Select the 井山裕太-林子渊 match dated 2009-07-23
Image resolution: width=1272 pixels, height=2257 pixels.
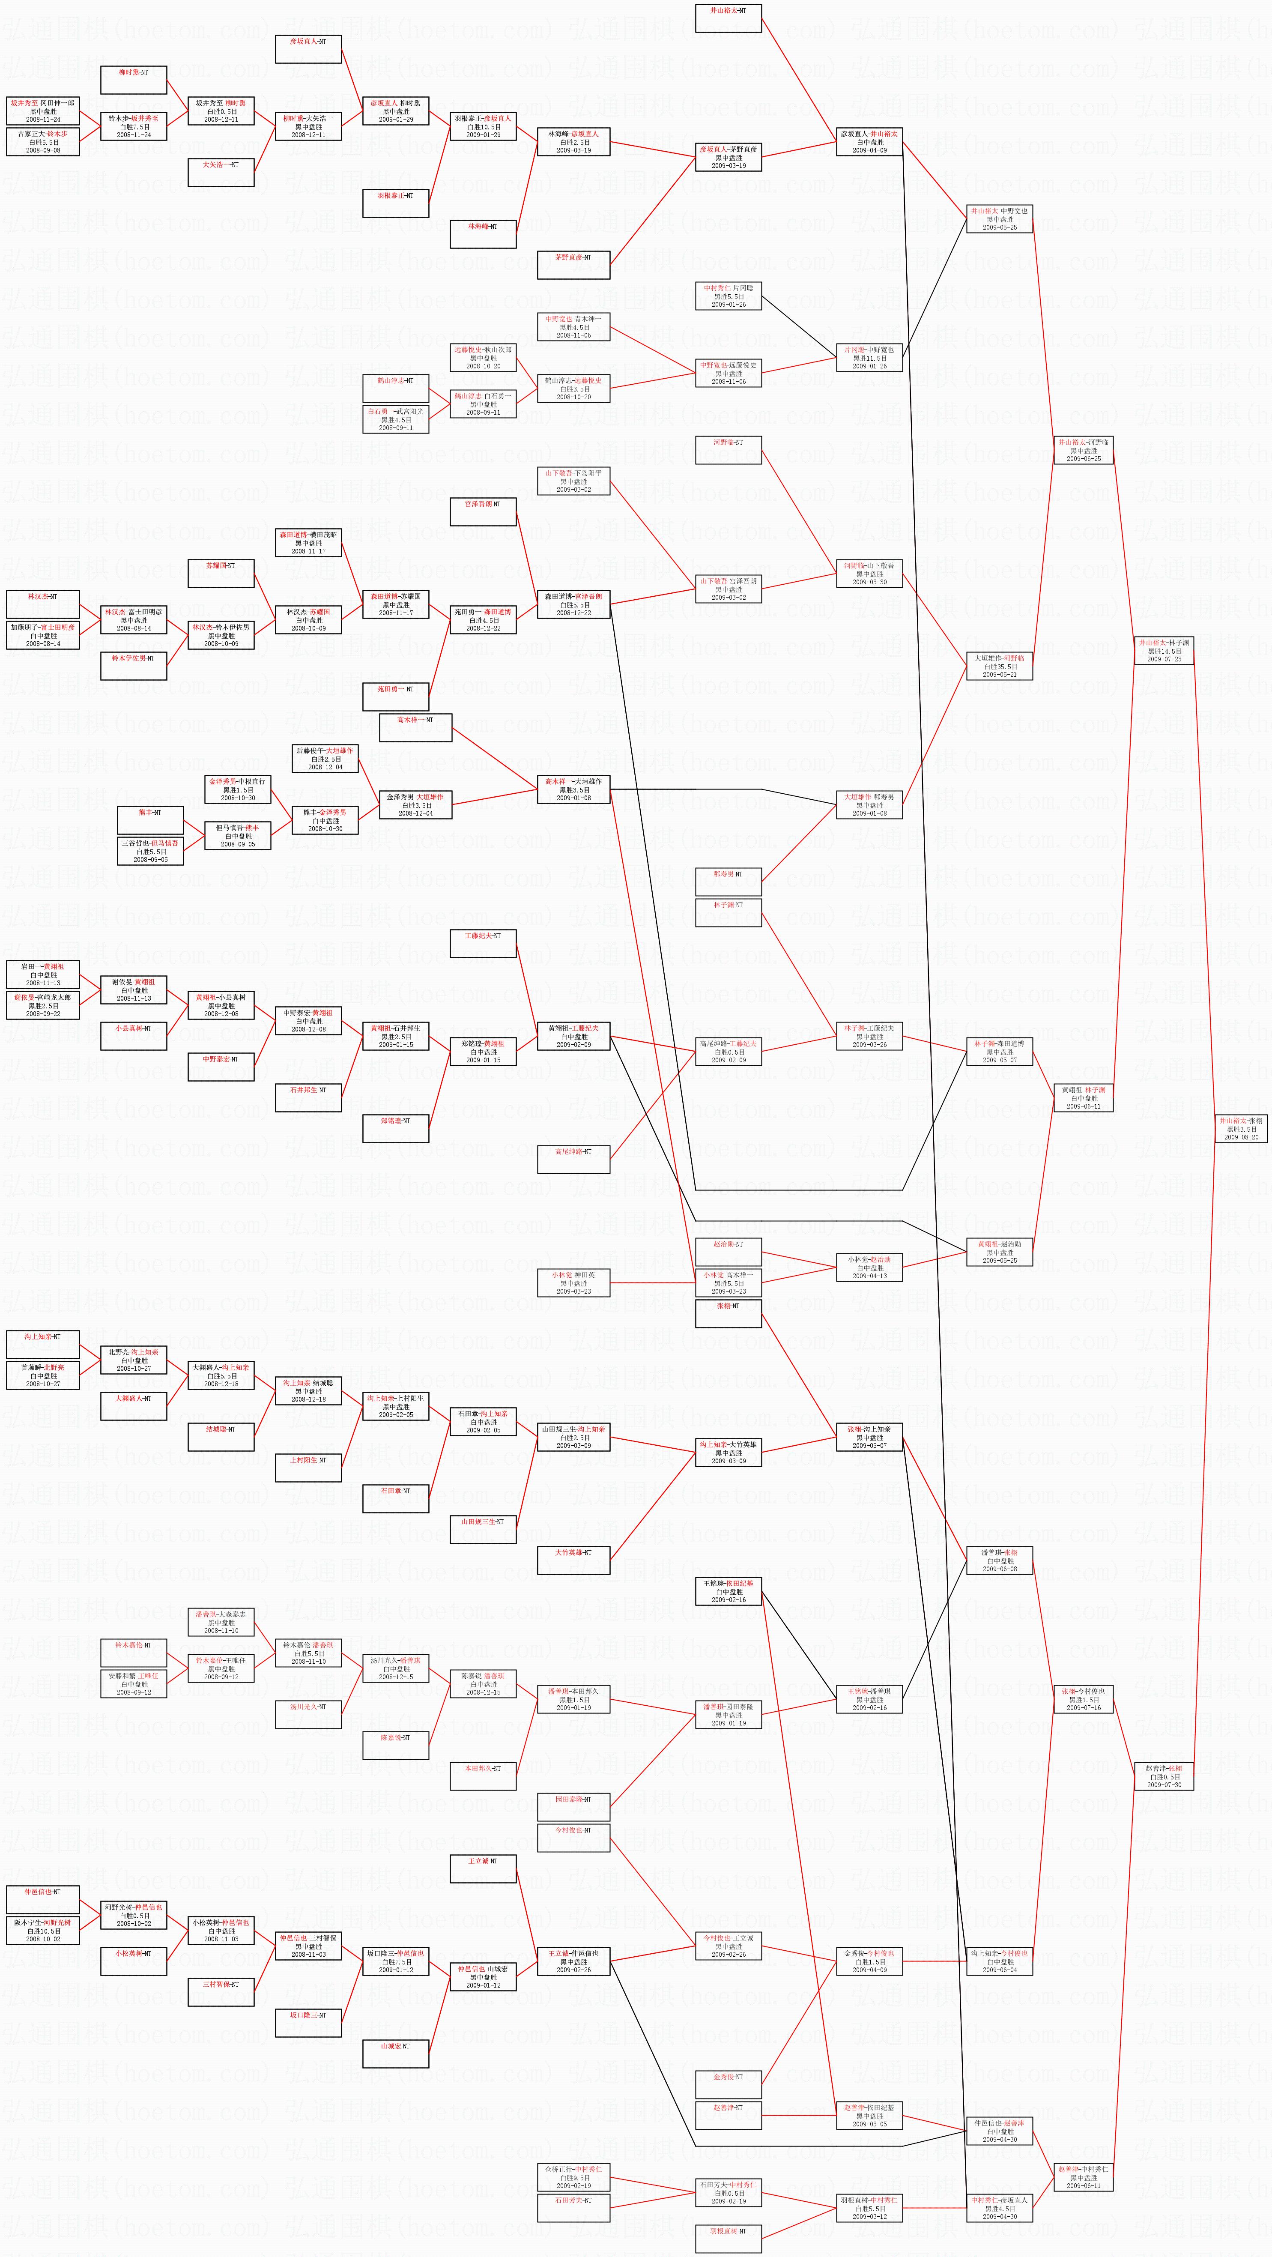point(1163,650)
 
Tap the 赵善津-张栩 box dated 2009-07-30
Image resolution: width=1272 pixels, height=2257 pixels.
point(1163,1776)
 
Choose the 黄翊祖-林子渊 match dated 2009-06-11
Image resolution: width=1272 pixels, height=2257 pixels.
point(1083,1098)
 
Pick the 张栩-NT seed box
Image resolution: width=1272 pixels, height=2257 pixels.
point(728,1314)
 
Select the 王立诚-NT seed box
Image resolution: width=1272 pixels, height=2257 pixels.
point(483,1868)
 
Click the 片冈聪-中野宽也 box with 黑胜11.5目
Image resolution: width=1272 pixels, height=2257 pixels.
point(869,358)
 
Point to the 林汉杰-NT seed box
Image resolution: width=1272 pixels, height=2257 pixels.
point(43,604)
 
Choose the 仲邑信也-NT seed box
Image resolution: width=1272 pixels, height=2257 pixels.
point(43,1899)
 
